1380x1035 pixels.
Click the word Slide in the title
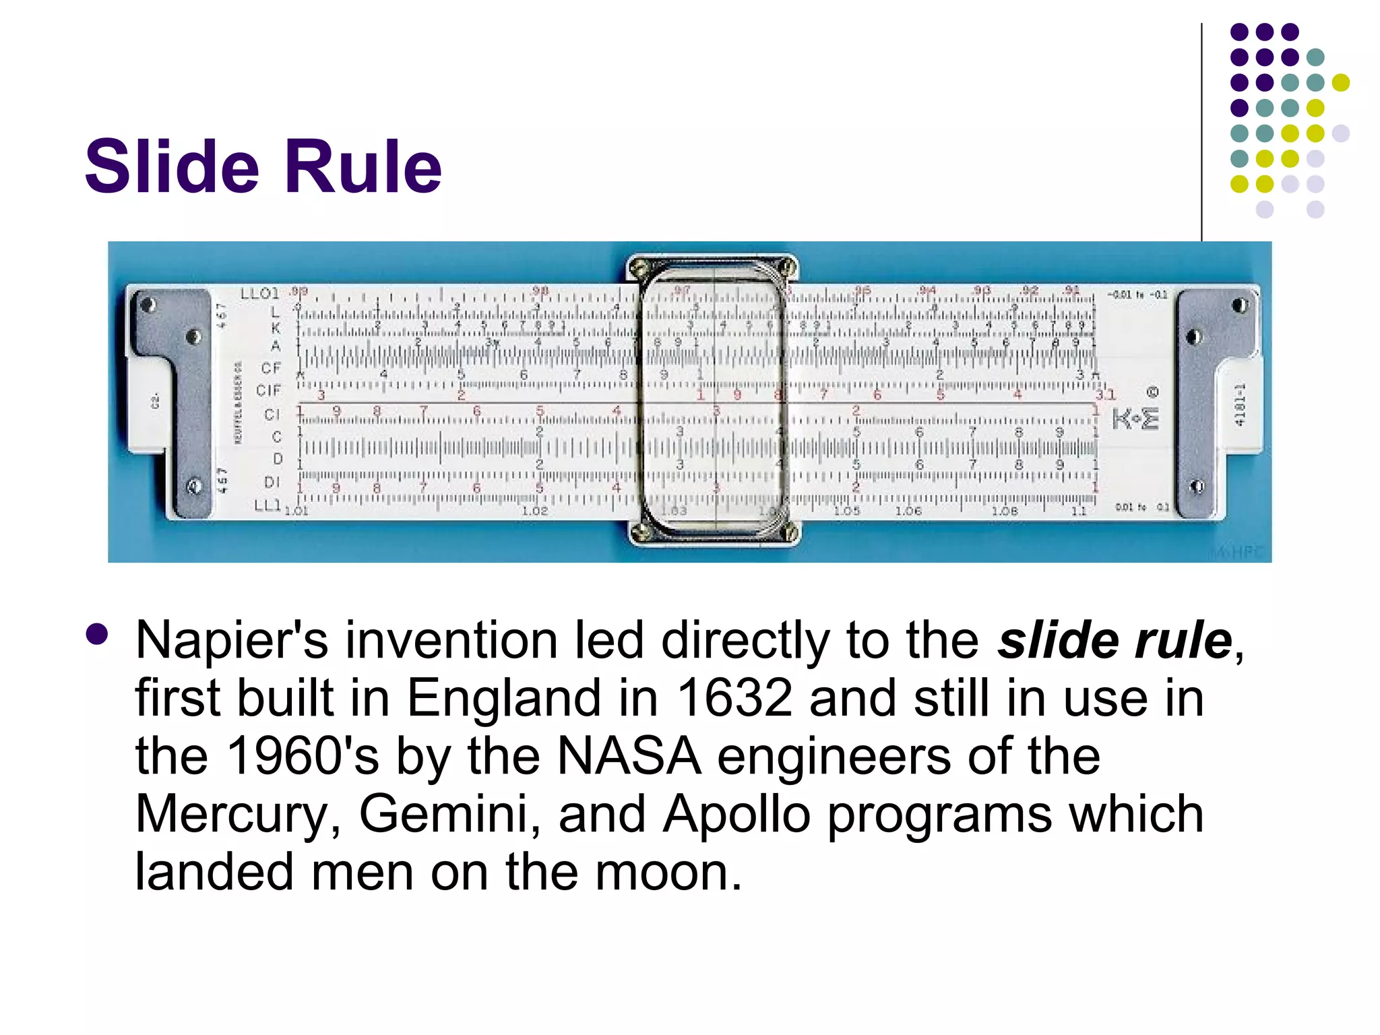pos(172,166)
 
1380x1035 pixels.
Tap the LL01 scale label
pos(259,294)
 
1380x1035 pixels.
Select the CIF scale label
pos(268,390)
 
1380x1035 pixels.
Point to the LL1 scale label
pos(267,505)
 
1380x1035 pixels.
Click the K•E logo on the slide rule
pos(1136,418)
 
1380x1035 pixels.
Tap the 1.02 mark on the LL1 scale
pos(535,511)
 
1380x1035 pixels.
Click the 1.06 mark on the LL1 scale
pos(908,511)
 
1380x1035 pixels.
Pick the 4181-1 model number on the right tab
pos(1238,405)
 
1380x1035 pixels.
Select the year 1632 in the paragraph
pos(734,698)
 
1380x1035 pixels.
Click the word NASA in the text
pos(629,756)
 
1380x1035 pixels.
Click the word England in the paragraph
pos(503,698)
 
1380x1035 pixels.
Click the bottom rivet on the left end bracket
pos(194,485)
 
